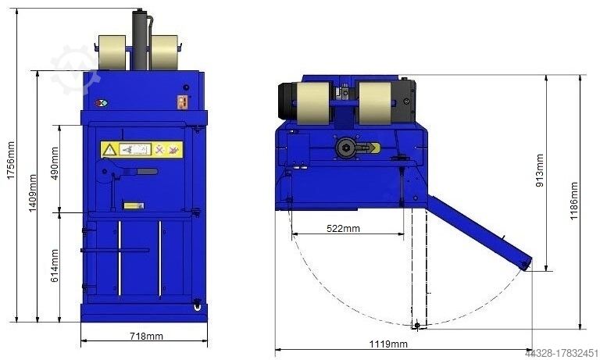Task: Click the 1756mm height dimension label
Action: (x=10, y=162)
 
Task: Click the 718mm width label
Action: (x=145, y=337)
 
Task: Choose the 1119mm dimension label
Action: (x=388, y=344)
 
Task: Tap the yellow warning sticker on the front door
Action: (x=141, y=148)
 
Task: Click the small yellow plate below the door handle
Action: (x=134, y=205)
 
